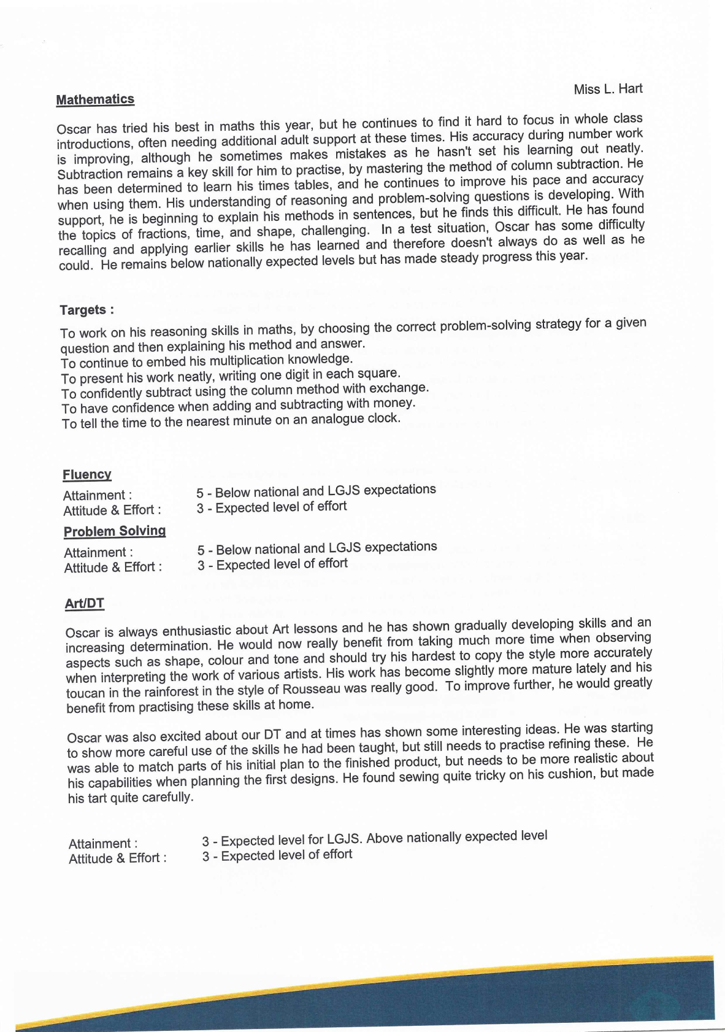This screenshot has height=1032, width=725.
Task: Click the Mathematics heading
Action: coord(95,99)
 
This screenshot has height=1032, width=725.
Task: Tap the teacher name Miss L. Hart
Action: coord(608,89)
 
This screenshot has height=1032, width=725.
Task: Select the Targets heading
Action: coord(86,310)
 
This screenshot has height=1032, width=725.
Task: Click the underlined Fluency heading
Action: coord(87,474)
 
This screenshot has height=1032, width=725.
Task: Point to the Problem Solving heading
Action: coord(115,531)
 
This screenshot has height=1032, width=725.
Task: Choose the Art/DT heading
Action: coord(85,604)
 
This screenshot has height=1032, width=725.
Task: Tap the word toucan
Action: coord(85,693)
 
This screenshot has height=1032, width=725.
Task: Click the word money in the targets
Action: coord(396,403)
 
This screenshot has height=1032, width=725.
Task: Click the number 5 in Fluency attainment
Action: coord(200,493)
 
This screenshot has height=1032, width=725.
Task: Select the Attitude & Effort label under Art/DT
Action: coord(117,858)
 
